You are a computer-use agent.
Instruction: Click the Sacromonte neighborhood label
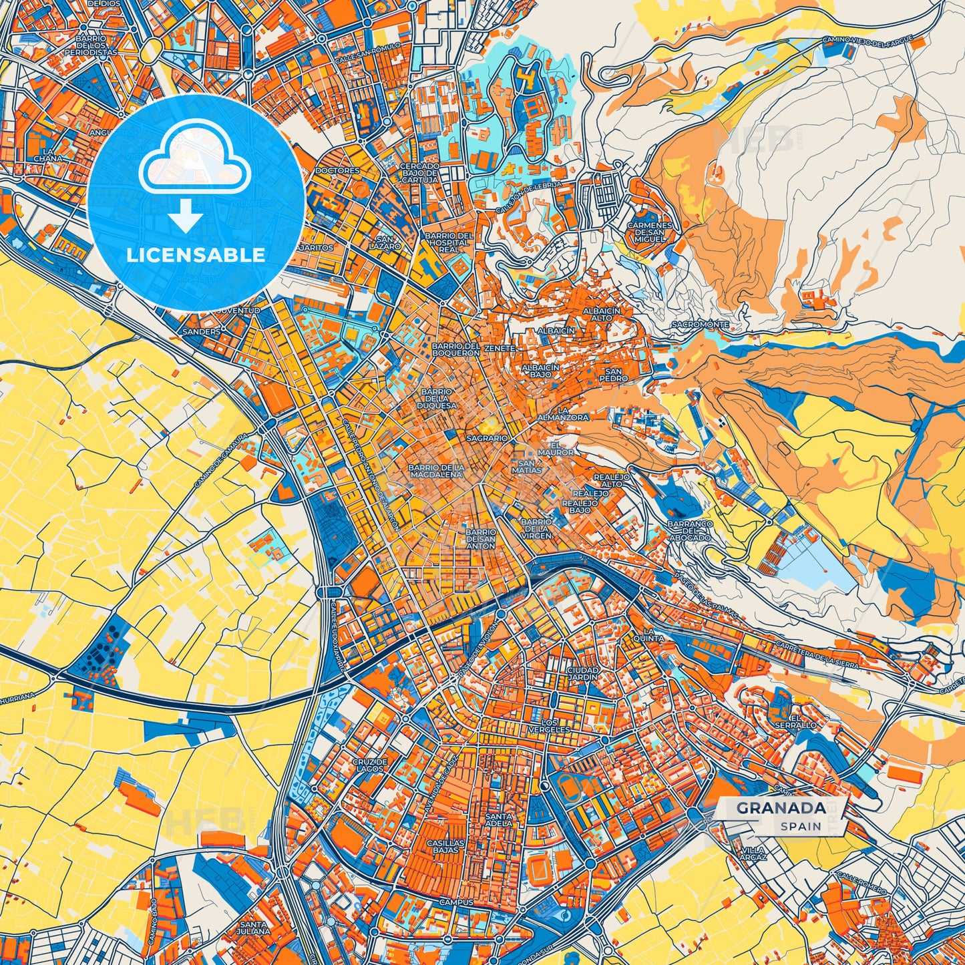click(701, 324)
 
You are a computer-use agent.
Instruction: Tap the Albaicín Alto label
click(601, 314)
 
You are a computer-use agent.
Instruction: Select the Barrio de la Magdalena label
click(436, 470)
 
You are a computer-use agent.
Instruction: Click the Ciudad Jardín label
click(582, 672)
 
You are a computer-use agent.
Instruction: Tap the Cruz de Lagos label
click(370, 765)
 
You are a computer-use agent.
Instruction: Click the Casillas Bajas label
click(445, 846)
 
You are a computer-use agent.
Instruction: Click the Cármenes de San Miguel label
click(649, 232)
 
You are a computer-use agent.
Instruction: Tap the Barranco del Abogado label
click(690, 531)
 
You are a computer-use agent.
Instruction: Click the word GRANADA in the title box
click(781, 807)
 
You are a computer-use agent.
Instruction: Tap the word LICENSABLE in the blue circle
click(196, 255)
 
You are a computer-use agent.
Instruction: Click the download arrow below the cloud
click(186, 216)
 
